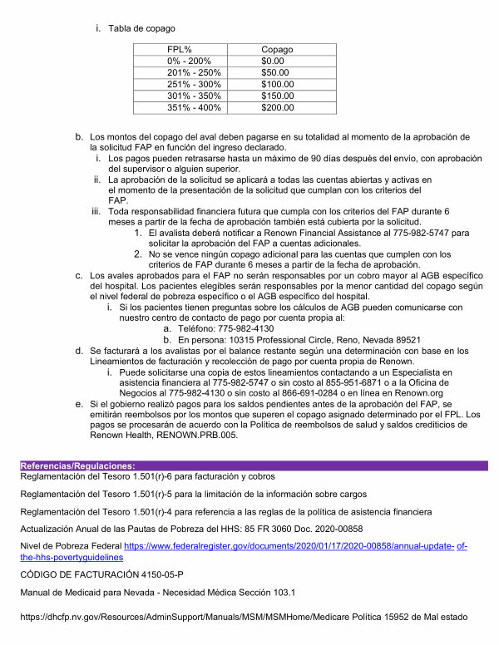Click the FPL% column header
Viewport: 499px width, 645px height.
180,50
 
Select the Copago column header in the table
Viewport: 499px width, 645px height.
277,50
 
